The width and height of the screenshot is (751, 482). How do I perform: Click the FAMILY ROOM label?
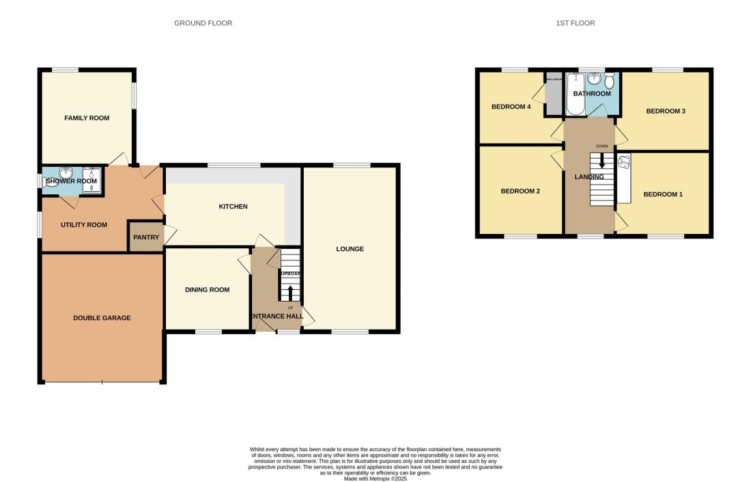click(x=87, y=118)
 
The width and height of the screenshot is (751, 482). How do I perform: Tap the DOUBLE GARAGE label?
click(x=102, y=318)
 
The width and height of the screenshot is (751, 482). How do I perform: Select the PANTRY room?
click(x=146, y=237)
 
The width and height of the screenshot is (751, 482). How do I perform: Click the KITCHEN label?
click(x=233, y=206)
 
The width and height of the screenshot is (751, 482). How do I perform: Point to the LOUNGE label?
click(x=350, y=249)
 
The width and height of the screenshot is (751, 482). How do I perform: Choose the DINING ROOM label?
click(x=207, y=290)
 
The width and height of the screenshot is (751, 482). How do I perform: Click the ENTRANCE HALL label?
click(x=277, y=316)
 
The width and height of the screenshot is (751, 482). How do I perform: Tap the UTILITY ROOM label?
click(x=84, y=225)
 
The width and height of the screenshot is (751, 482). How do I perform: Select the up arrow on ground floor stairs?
click(x=290, y=293)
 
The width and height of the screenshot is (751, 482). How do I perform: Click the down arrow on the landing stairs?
click(x=601, y=161)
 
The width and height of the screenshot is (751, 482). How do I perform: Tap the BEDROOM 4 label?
click(x=511, y=107)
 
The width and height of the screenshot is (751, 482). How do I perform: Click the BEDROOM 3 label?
click(x=665, y=111)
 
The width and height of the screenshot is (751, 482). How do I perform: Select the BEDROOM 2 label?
click(x=520, y=191)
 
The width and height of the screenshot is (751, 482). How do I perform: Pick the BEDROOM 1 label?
click(x=662, y=195)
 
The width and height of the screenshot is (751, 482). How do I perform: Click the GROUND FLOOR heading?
click(x=203, y=23)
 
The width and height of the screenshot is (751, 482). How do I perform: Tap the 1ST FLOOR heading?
click(x=576, y=23)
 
